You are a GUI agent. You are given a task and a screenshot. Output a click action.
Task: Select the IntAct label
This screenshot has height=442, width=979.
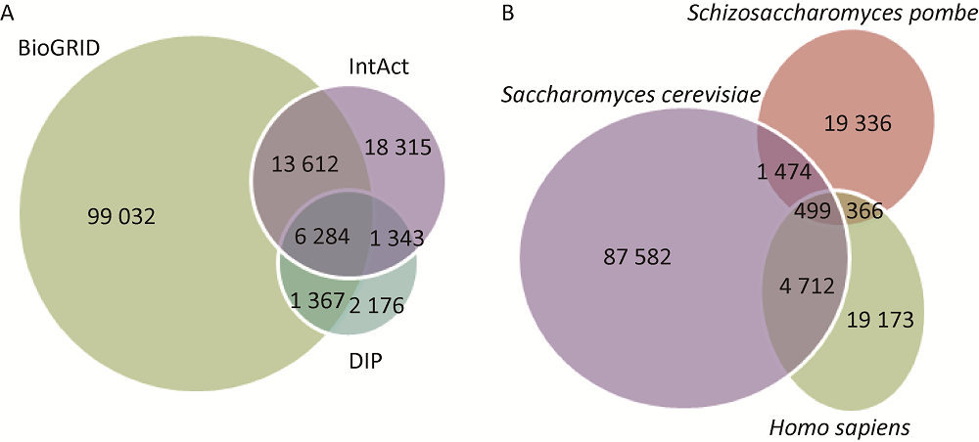pyautogui.click(x=378, y=67)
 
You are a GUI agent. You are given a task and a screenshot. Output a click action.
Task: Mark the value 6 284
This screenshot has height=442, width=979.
pyautogui.click(x=315, y=239)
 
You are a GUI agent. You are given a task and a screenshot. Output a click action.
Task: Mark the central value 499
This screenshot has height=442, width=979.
pyautogui.click(x=812, y=209)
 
